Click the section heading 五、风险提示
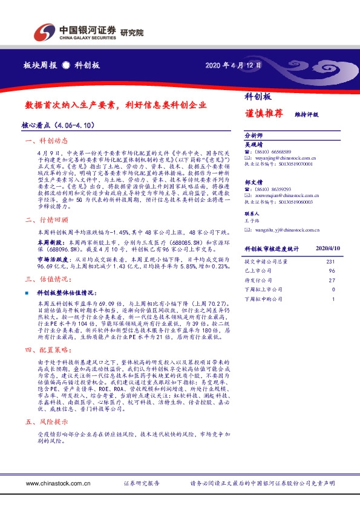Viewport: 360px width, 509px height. (x=48, y=422)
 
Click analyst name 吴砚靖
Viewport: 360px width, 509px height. (x=254, y=144)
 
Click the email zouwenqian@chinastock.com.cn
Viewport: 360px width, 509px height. (x=283, y=196)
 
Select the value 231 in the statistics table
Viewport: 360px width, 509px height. (x=330, y=261)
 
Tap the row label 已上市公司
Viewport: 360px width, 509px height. (x=257, y=271)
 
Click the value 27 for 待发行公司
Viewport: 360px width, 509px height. (x=331, y=280)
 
